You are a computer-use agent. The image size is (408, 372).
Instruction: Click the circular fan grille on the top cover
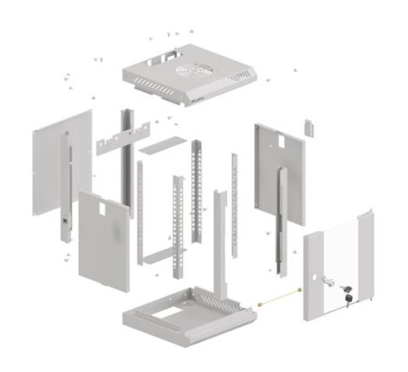189,71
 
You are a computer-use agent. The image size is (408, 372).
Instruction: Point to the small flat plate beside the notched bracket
163,145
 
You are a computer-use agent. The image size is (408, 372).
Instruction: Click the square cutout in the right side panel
276,142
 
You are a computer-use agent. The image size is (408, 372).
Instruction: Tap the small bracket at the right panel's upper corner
308,126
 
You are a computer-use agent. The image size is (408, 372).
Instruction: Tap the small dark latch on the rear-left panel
62,223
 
